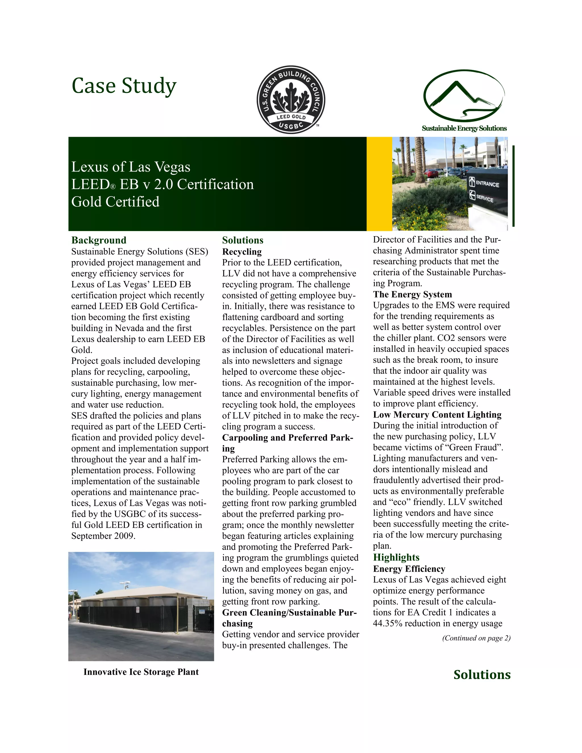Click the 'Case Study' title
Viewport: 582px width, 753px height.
124,86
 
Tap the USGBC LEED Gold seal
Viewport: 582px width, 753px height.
291,99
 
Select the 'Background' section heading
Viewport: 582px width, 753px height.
99,240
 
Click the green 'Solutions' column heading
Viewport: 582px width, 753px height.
242,240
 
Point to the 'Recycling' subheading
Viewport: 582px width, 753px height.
242,251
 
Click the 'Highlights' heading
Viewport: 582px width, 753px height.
396,557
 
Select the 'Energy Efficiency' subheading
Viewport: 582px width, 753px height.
409,569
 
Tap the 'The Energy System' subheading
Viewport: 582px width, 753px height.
412,294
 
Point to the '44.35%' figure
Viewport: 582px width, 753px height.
388,623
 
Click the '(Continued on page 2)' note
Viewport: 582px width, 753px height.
476,638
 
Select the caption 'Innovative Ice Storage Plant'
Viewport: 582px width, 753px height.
141,672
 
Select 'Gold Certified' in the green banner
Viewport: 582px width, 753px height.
115,202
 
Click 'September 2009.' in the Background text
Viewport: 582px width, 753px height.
103,536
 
